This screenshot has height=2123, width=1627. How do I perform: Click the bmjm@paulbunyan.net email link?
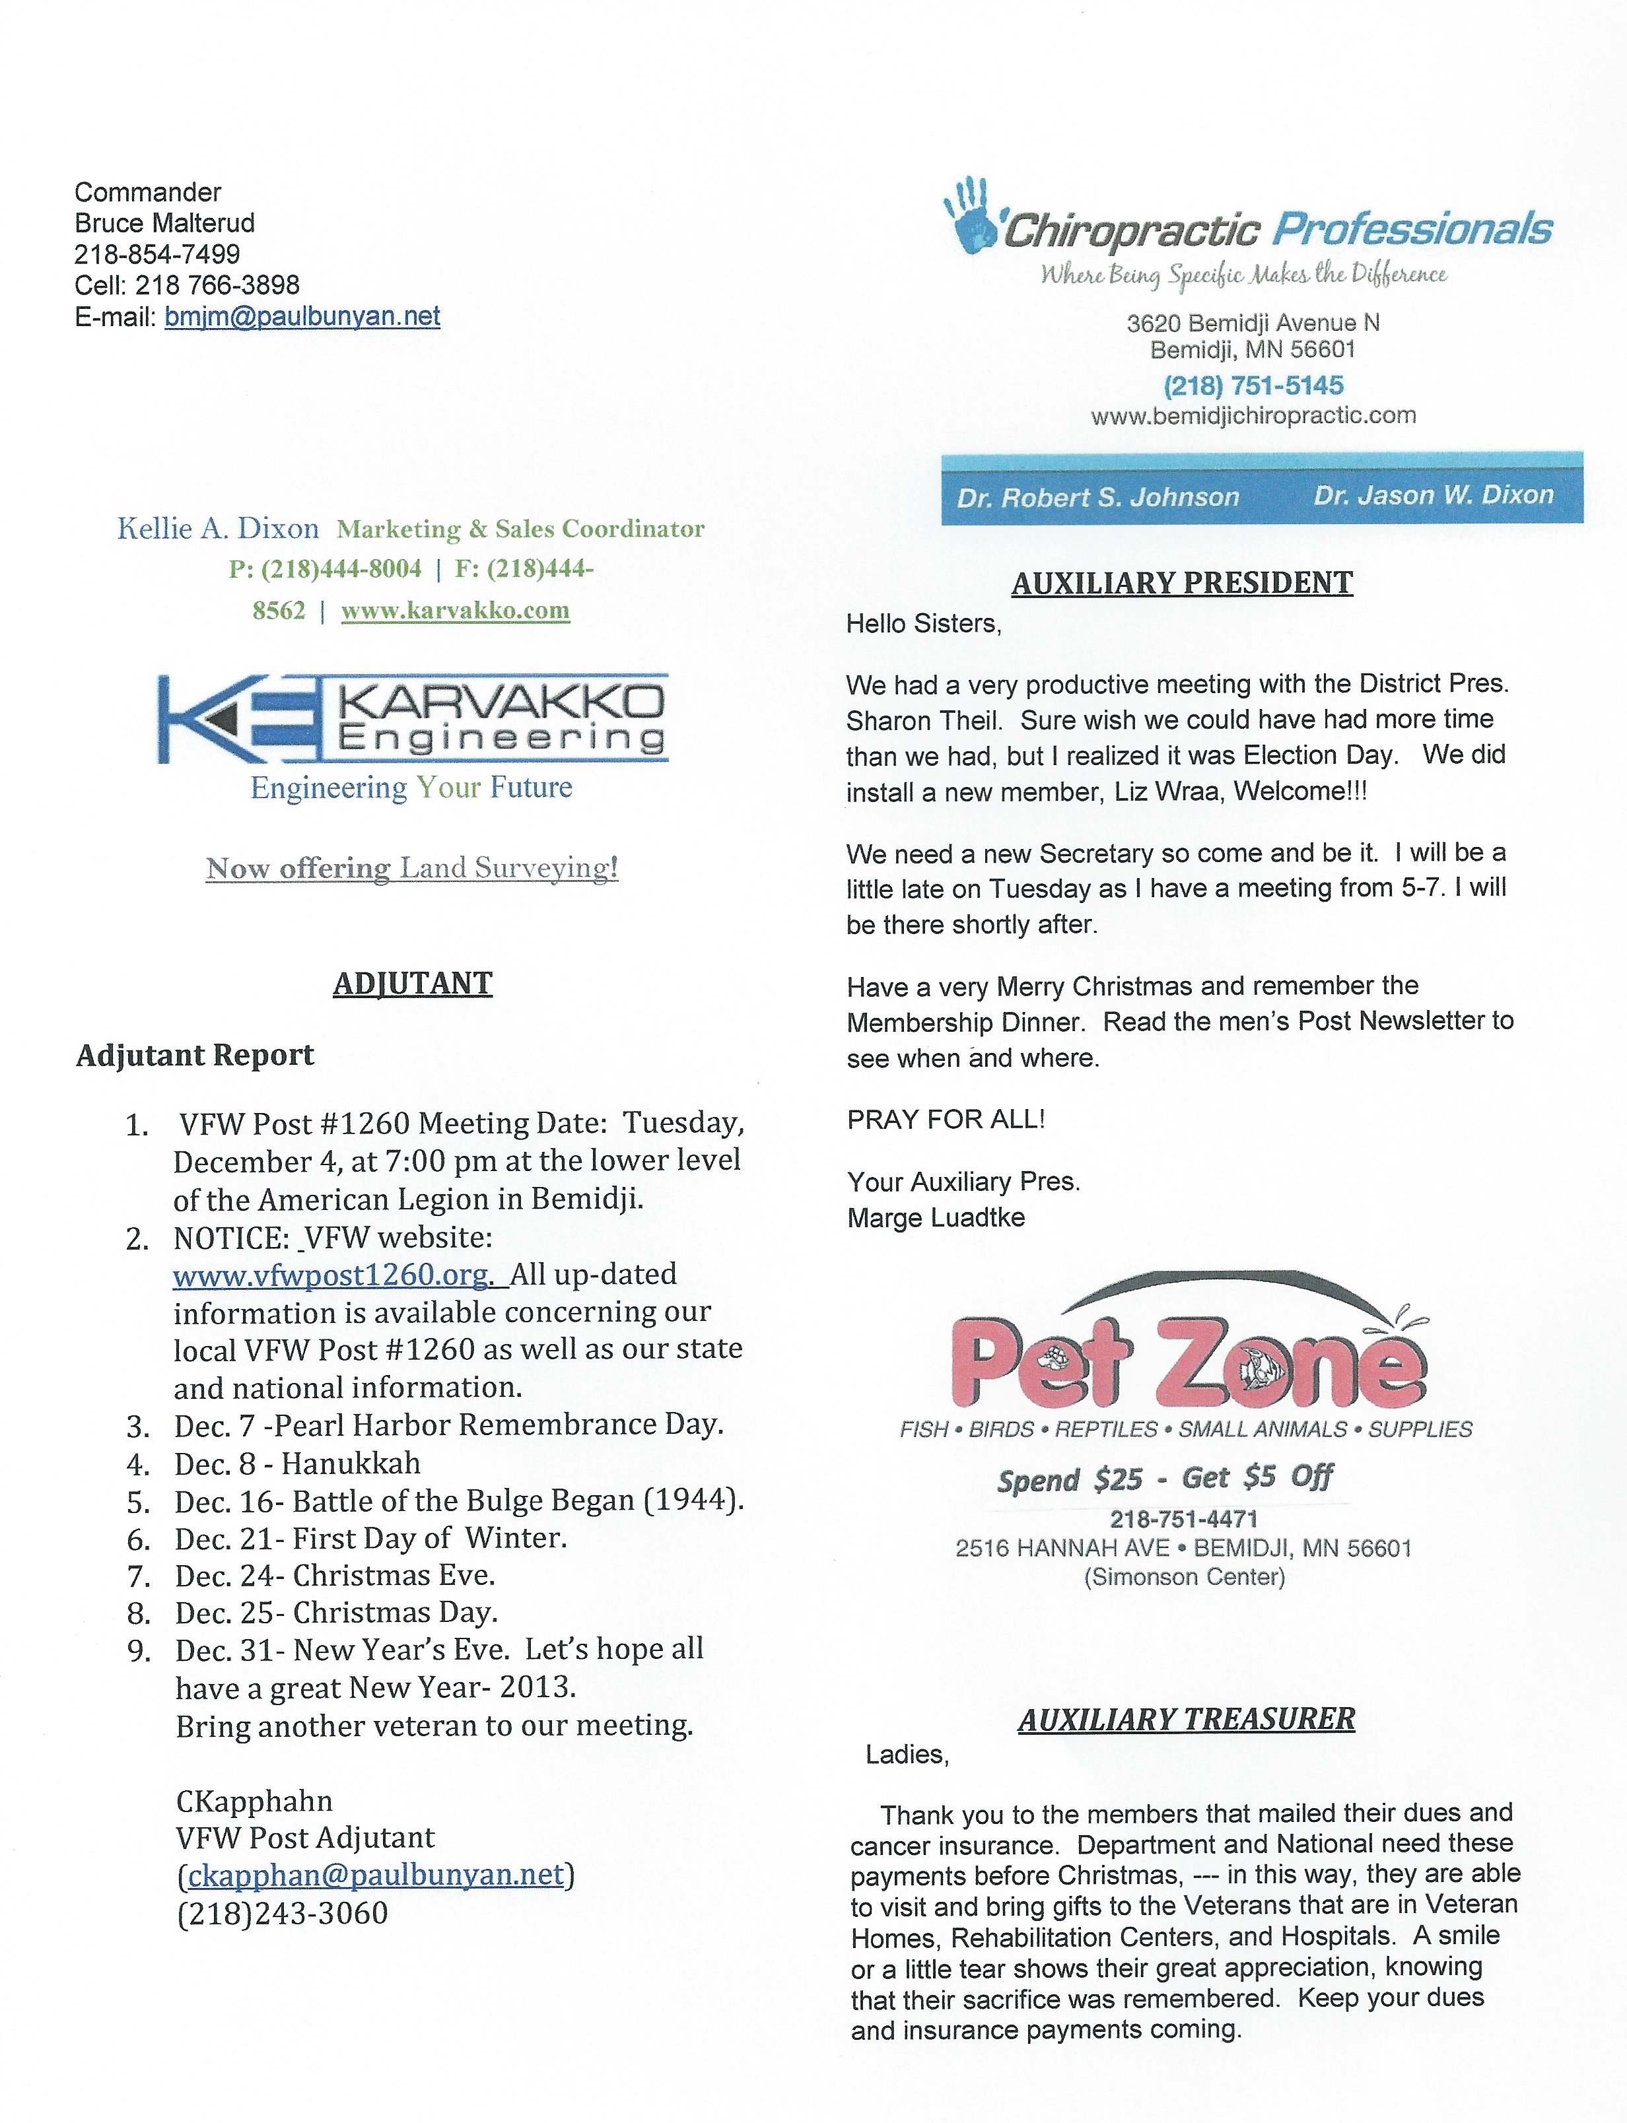click(302, 317)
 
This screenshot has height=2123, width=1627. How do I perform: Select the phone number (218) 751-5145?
click(1253, 386)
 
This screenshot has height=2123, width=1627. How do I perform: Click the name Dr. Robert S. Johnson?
click(1098, 498)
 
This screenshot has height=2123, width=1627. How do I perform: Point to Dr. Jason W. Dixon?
click(1434, 494)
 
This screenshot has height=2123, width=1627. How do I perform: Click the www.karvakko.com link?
click(455, 611)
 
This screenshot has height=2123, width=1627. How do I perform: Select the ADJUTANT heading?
click(413, 984)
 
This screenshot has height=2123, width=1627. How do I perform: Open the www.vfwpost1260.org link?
click(331, 1275)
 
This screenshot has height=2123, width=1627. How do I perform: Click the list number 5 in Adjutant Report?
click(139, 1502)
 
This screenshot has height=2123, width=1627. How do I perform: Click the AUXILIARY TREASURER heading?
click(1187, 1719)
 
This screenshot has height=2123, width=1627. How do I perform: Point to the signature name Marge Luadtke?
click(936, 1218)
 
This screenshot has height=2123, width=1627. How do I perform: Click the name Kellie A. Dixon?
click(218, 529)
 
